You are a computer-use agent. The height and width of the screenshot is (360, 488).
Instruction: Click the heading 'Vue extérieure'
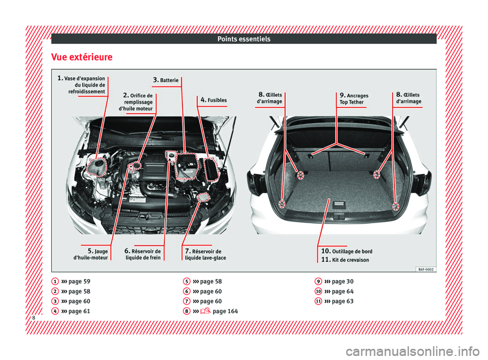[82, 57]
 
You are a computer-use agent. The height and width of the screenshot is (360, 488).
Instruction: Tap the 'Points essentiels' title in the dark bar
[244, 39]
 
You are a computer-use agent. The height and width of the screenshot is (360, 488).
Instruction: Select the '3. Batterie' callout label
[166, 80]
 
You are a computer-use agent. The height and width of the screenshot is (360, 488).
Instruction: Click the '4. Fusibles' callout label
[213, 100]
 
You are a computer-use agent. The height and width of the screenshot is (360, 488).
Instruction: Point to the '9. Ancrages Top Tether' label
[354, 99]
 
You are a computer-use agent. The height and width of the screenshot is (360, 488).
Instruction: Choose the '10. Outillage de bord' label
[347, 251]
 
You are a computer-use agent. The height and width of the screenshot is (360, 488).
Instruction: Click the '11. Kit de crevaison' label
[345, 260]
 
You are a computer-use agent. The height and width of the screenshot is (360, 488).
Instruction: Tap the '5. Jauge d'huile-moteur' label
[90, 254]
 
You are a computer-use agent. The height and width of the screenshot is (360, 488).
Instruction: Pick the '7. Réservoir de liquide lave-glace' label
[205, 254]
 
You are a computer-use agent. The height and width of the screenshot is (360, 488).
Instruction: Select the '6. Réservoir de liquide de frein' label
[143, 254]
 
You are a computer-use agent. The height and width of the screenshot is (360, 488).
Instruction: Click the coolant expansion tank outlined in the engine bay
[97, 167]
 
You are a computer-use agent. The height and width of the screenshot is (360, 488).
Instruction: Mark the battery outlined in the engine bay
[187, 166]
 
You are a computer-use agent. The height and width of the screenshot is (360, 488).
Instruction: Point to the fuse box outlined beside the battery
[211, 169]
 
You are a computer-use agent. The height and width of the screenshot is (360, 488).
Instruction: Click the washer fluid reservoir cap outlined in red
[203, 197]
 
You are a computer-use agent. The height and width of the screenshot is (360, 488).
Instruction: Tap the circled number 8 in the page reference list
[187, 311]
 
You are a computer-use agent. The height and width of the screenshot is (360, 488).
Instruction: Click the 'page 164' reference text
[225, 311]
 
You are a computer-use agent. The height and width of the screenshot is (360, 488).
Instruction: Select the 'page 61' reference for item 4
[79, 311]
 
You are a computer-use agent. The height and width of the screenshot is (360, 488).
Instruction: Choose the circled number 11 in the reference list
[318, 301]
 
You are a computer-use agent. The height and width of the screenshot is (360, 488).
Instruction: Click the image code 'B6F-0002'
[426, 269]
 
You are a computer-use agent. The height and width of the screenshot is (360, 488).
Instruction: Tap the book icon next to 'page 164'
[205, 311]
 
